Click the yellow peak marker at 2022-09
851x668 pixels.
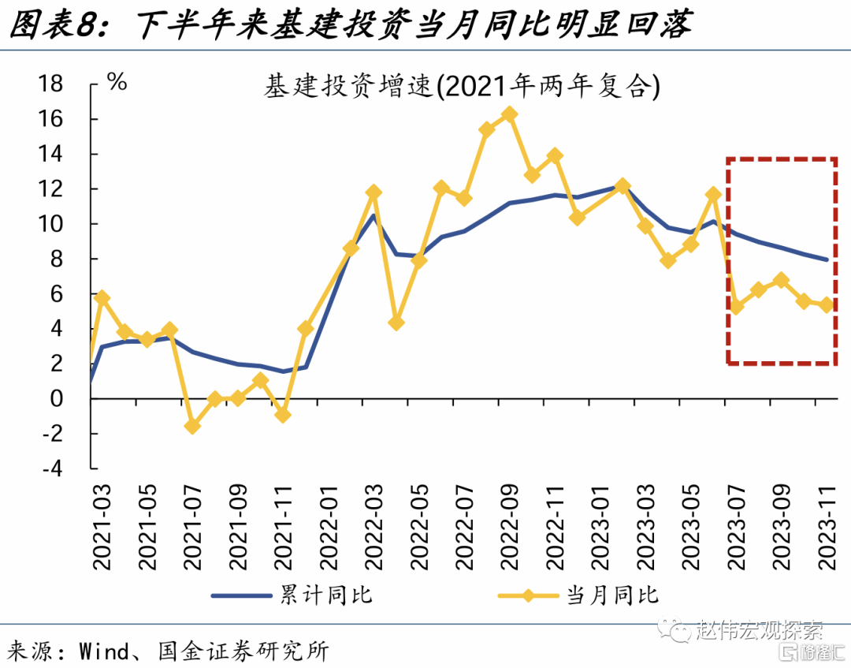(x=510, y=114)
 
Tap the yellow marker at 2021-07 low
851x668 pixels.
(x=192, y=426)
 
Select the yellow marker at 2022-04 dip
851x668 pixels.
(x=396, y=323)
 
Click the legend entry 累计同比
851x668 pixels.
(x=292, y=594)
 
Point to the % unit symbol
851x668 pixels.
(x=117, y=81)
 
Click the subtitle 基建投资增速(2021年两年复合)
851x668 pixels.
(x=461, y=87)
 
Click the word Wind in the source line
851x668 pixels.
(x=103, y=651)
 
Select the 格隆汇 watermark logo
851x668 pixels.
(x=812, y=651)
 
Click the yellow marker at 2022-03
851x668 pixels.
(x=373, y=192)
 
